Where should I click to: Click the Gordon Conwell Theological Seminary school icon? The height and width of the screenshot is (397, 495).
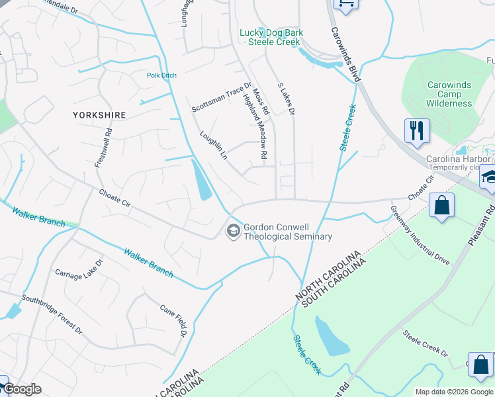tap(233, 231)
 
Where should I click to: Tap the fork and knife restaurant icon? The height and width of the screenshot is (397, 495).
tap(417, 130)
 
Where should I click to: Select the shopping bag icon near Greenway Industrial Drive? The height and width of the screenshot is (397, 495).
tap(441, 205)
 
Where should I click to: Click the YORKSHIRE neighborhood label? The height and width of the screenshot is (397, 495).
tap(100, 115)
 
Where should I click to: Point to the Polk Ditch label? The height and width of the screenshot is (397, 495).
tap(161, 75)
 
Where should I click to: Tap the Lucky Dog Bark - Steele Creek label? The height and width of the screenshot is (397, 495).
tap(269, 38)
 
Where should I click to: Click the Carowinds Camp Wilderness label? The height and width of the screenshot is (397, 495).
tap(449, 94)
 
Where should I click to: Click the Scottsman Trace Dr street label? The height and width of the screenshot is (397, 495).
tap(222, 97)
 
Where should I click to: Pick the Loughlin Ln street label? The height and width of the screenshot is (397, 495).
tap(213, 144)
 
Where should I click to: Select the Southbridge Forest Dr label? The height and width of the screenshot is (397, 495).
tap(52, 314)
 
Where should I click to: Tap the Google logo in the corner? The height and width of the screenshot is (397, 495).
tap(22, 388)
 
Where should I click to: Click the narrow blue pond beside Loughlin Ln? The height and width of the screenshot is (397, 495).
tap(202, 181)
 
